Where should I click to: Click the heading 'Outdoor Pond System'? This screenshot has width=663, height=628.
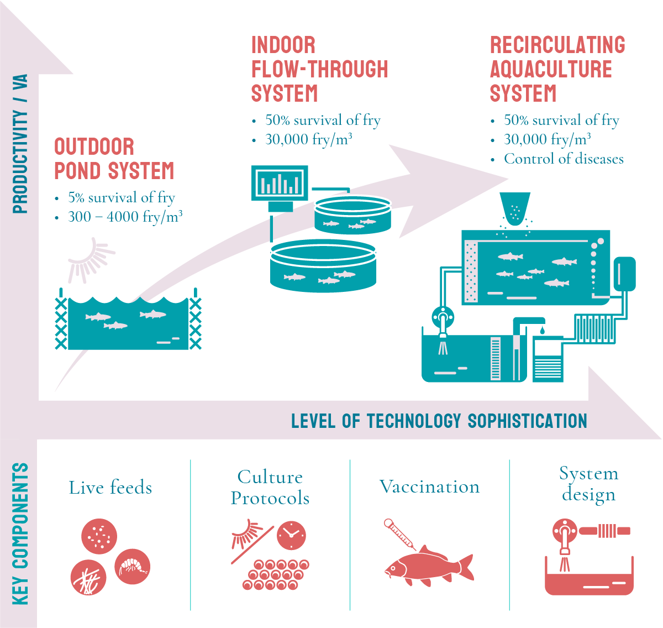tap(114, 159)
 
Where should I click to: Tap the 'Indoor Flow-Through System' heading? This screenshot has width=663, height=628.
tap(319, 70)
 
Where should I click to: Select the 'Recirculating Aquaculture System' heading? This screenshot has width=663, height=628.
tap(557, 70)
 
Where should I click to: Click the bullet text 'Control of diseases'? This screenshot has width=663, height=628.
tap(563, 159)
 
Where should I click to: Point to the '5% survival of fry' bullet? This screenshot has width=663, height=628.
tap(121, 197)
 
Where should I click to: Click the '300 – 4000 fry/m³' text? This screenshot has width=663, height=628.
tap(125, 217)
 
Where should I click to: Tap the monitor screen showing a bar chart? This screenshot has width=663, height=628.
tap(280, 182)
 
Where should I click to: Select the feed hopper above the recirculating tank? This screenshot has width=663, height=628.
tap(514, 208)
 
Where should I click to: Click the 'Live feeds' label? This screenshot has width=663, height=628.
tap(110, 488)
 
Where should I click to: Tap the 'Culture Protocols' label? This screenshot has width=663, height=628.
tap(270, 488)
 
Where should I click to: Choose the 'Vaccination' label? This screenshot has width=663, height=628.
tap(429, 487)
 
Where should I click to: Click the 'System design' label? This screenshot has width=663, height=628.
tap(589, 484)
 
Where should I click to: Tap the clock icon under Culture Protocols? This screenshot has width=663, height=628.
tap(291, 535)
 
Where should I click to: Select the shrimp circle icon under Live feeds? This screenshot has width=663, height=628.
tap(133, 567)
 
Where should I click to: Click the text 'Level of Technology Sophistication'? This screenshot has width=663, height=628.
tap(439, 421)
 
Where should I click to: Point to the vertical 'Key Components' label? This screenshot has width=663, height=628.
tap(20, 533)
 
